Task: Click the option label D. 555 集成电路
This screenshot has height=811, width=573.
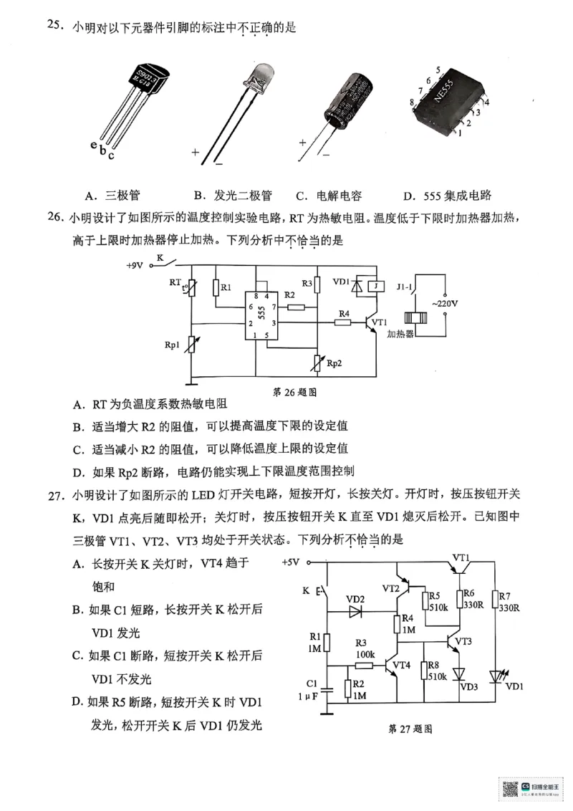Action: coord(447,196)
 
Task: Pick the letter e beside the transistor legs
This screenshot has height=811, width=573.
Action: coord(94,146)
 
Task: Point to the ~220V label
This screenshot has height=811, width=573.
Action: coord(445,304)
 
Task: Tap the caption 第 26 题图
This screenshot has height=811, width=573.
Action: coord(295,393)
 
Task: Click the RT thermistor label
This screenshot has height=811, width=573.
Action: coord(175,282)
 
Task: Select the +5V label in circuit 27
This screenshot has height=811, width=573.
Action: coord(292,562)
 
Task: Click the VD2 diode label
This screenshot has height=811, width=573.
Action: coord(355,599)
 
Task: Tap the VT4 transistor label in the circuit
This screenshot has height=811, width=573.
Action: coord(402,664)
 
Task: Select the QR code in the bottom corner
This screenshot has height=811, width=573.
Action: coord(509,789)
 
